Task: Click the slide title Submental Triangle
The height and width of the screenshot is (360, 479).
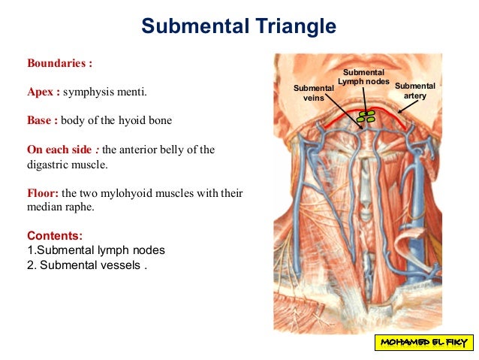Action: point(239,28)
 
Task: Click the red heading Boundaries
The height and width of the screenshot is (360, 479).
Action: point(59,63)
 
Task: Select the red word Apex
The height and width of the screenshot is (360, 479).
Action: point(43,92)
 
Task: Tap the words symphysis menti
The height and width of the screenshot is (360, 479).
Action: point(106,92)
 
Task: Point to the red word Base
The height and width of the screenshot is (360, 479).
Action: point(42,120)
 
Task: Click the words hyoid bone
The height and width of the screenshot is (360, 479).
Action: point(155,120)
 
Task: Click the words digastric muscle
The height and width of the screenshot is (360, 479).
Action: point(68,163)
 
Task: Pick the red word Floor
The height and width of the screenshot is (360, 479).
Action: point(42,192)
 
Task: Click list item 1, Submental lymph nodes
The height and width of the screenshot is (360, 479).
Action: point(95,250)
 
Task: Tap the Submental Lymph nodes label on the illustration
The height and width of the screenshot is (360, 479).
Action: point(363,77)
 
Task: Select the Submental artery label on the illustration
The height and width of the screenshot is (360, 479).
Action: point(414,91)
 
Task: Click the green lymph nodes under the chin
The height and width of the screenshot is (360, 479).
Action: point(366,116)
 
